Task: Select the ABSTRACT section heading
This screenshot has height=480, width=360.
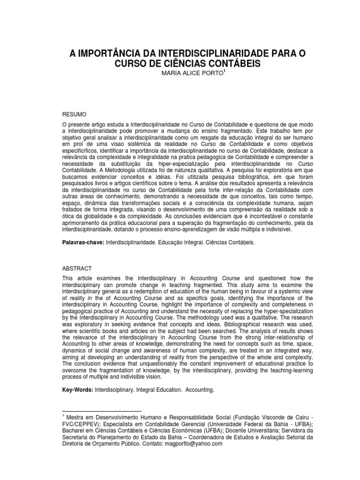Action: coord(77,269)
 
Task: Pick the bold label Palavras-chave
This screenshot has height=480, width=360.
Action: coord(82,244)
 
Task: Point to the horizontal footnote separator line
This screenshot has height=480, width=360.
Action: coord(101,411)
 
